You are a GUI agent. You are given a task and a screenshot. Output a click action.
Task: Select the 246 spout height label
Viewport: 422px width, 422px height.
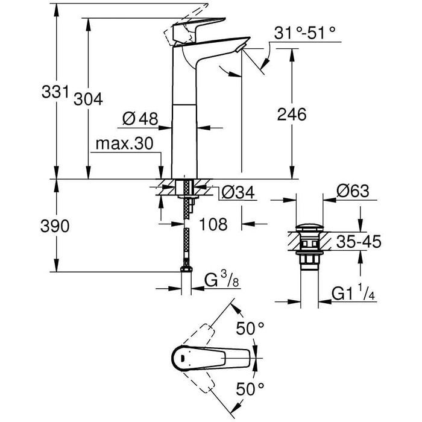pos(292,113)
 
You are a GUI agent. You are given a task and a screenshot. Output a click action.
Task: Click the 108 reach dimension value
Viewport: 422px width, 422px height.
pos(213,224)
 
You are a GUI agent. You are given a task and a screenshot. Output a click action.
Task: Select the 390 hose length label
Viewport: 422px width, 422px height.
pos(55,226)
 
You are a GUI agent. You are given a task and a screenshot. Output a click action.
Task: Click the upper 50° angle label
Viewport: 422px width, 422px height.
pos(250,329)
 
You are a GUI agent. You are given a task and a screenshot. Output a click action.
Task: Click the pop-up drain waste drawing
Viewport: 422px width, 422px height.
pos(309,247)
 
